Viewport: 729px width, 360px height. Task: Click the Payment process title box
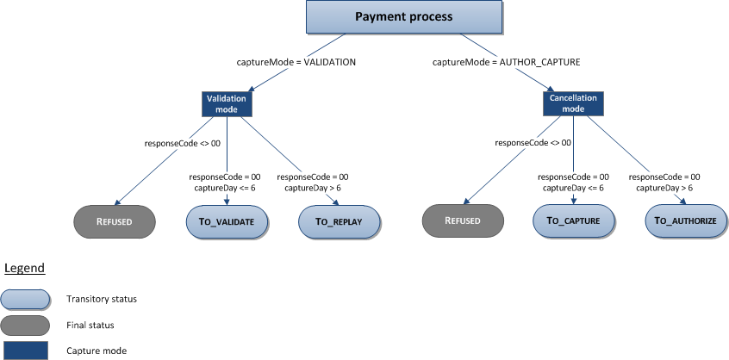(x=402, y=17)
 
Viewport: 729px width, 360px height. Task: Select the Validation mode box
(x=227, y=104)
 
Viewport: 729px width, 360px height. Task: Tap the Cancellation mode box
(x=573, y=104)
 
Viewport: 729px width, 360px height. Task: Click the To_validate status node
(x=226, y=221)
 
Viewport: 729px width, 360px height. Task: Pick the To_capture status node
(x=574, y=221)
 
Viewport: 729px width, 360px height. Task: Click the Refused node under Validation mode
(x=114, y=221)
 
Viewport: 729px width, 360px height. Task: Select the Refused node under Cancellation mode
(x=462, y=221)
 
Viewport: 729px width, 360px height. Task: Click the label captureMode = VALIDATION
(x=296, y=63)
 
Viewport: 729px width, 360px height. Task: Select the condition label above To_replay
(x=313, y=182)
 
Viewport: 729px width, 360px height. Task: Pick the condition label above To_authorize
(x=664, y=182)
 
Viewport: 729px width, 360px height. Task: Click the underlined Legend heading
(x=25, y=268)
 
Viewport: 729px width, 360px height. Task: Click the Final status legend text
(x=90, y=325)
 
